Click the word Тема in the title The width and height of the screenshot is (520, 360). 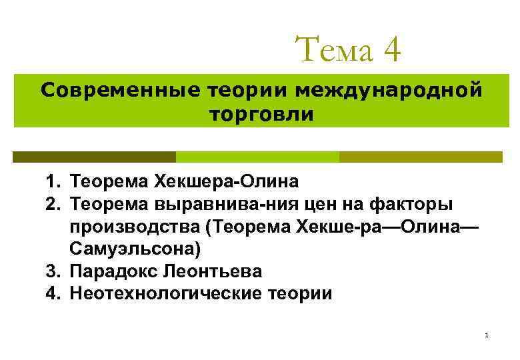tap(333, 50)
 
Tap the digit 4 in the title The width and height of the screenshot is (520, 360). tap(391, 50)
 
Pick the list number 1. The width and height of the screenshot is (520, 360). tap(53, 181)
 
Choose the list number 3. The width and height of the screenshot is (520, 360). tap(53, 272)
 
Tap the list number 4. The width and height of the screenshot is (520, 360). tap(53, 293)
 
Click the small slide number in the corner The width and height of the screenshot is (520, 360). tap(487, 335)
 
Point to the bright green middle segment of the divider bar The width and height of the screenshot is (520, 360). tap(257, 157)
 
